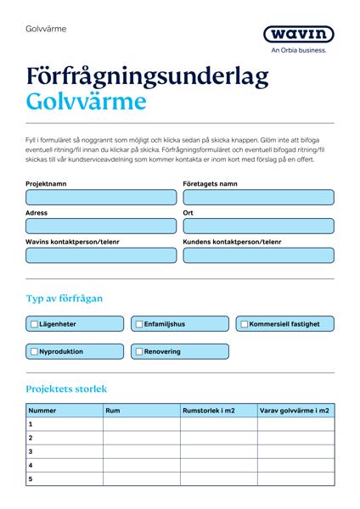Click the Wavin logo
pyautogui.click(x=298, y=35)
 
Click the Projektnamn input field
pyautogui.click(x=101, y=198)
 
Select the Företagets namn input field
pyautogui.click(x=257, y=198)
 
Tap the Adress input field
pyautogui.click(x=101, y=227)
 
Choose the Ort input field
pyautogui.click(x=257, y=227)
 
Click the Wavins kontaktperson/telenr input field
pyautogui.click(x=101, y=255)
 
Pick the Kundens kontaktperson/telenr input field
pyautogui.click(x=257, y=255)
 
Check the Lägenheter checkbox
pyautogui.click(x=35, y=324)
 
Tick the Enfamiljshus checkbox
pyautogui.click(x=139, y=324)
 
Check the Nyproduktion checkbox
pyautogui.click(x=35, y=351)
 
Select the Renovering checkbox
pyautogui.click(x=139, y=351)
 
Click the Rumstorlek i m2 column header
pyautogui.click(x=209, y=411)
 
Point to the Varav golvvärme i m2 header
pyautogui.click(x=295, y=411)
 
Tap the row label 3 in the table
pyautogui.click(x=31, y=452)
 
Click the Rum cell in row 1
pyautogui.click(x=141, y=424)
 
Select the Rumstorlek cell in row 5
pyautogui.click(x=218, y=479)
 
